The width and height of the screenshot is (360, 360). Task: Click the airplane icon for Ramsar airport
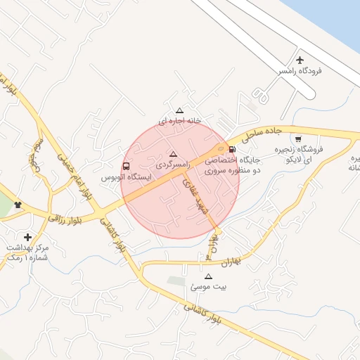301,61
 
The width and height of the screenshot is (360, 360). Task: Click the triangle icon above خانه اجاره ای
179,110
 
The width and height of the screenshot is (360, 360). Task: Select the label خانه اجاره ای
179,121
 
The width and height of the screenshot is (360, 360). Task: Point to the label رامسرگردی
174,163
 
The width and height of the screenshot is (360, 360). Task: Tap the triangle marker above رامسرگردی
174,153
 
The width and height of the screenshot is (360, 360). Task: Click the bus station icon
126,167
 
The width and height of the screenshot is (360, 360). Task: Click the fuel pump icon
231,149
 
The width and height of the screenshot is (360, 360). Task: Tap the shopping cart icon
298,139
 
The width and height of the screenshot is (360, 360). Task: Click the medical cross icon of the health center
27,237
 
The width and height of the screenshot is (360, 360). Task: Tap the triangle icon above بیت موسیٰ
207,276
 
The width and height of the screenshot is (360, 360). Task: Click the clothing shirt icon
18,205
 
